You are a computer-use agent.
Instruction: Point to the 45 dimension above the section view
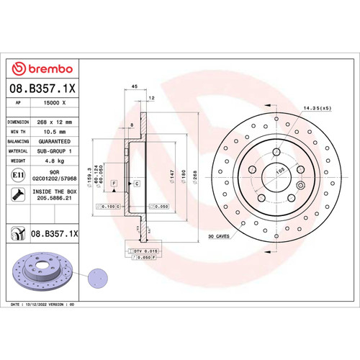coord(134,86)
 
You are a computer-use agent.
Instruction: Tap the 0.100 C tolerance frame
coord(107,207)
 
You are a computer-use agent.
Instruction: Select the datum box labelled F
coord(113,185)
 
